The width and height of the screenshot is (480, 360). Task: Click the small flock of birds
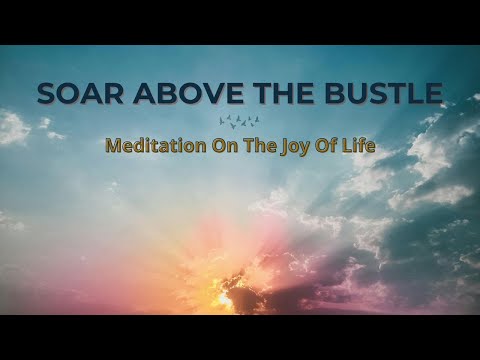click(239, 120)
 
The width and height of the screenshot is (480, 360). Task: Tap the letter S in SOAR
click(47, 94)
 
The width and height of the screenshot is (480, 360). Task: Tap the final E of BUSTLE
click(432, 94)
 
